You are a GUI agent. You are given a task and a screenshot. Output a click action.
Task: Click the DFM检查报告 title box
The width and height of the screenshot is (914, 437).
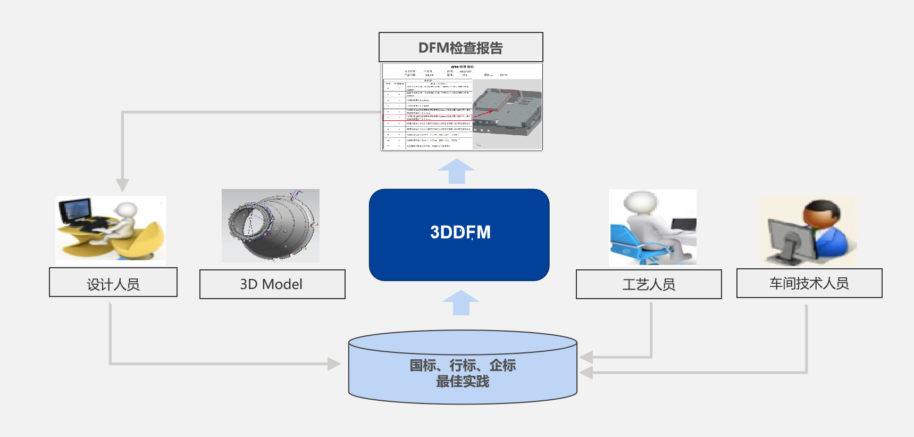(460, 47)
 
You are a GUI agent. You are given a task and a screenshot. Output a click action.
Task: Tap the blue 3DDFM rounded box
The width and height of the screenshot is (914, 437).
(459, 234)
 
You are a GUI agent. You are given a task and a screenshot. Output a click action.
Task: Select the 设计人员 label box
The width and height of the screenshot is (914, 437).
(113, 283)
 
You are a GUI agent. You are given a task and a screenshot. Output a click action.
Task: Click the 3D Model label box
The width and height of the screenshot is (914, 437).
(272, 284)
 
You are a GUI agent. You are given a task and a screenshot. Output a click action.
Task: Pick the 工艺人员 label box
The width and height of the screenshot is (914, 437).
(649, 284)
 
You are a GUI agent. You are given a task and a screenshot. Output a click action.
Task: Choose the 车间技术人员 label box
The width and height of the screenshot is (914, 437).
(809, 283)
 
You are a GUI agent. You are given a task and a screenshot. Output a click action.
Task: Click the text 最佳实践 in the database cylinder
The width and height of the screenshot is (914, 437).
(463, 382)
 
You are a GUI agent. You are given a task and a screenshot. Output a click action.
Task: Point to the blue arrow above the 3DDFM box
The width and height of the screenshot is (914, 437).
(456, 171)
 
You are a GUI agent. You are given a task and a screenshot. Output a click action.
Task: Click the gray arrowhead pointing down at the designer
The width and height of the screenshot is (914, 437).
(122, 185)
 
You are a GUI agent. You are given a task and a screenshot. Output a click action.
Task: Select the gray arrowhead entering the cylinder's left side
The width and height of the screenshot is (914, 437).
(334, 364)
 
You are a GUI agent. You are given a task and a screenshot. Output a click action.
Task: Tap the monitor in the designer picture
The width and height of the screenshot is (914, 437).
(74, 211)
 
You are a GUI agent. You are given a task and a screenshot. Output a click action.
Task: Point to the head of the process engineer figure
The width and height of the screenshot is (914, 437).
(640, 202)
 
